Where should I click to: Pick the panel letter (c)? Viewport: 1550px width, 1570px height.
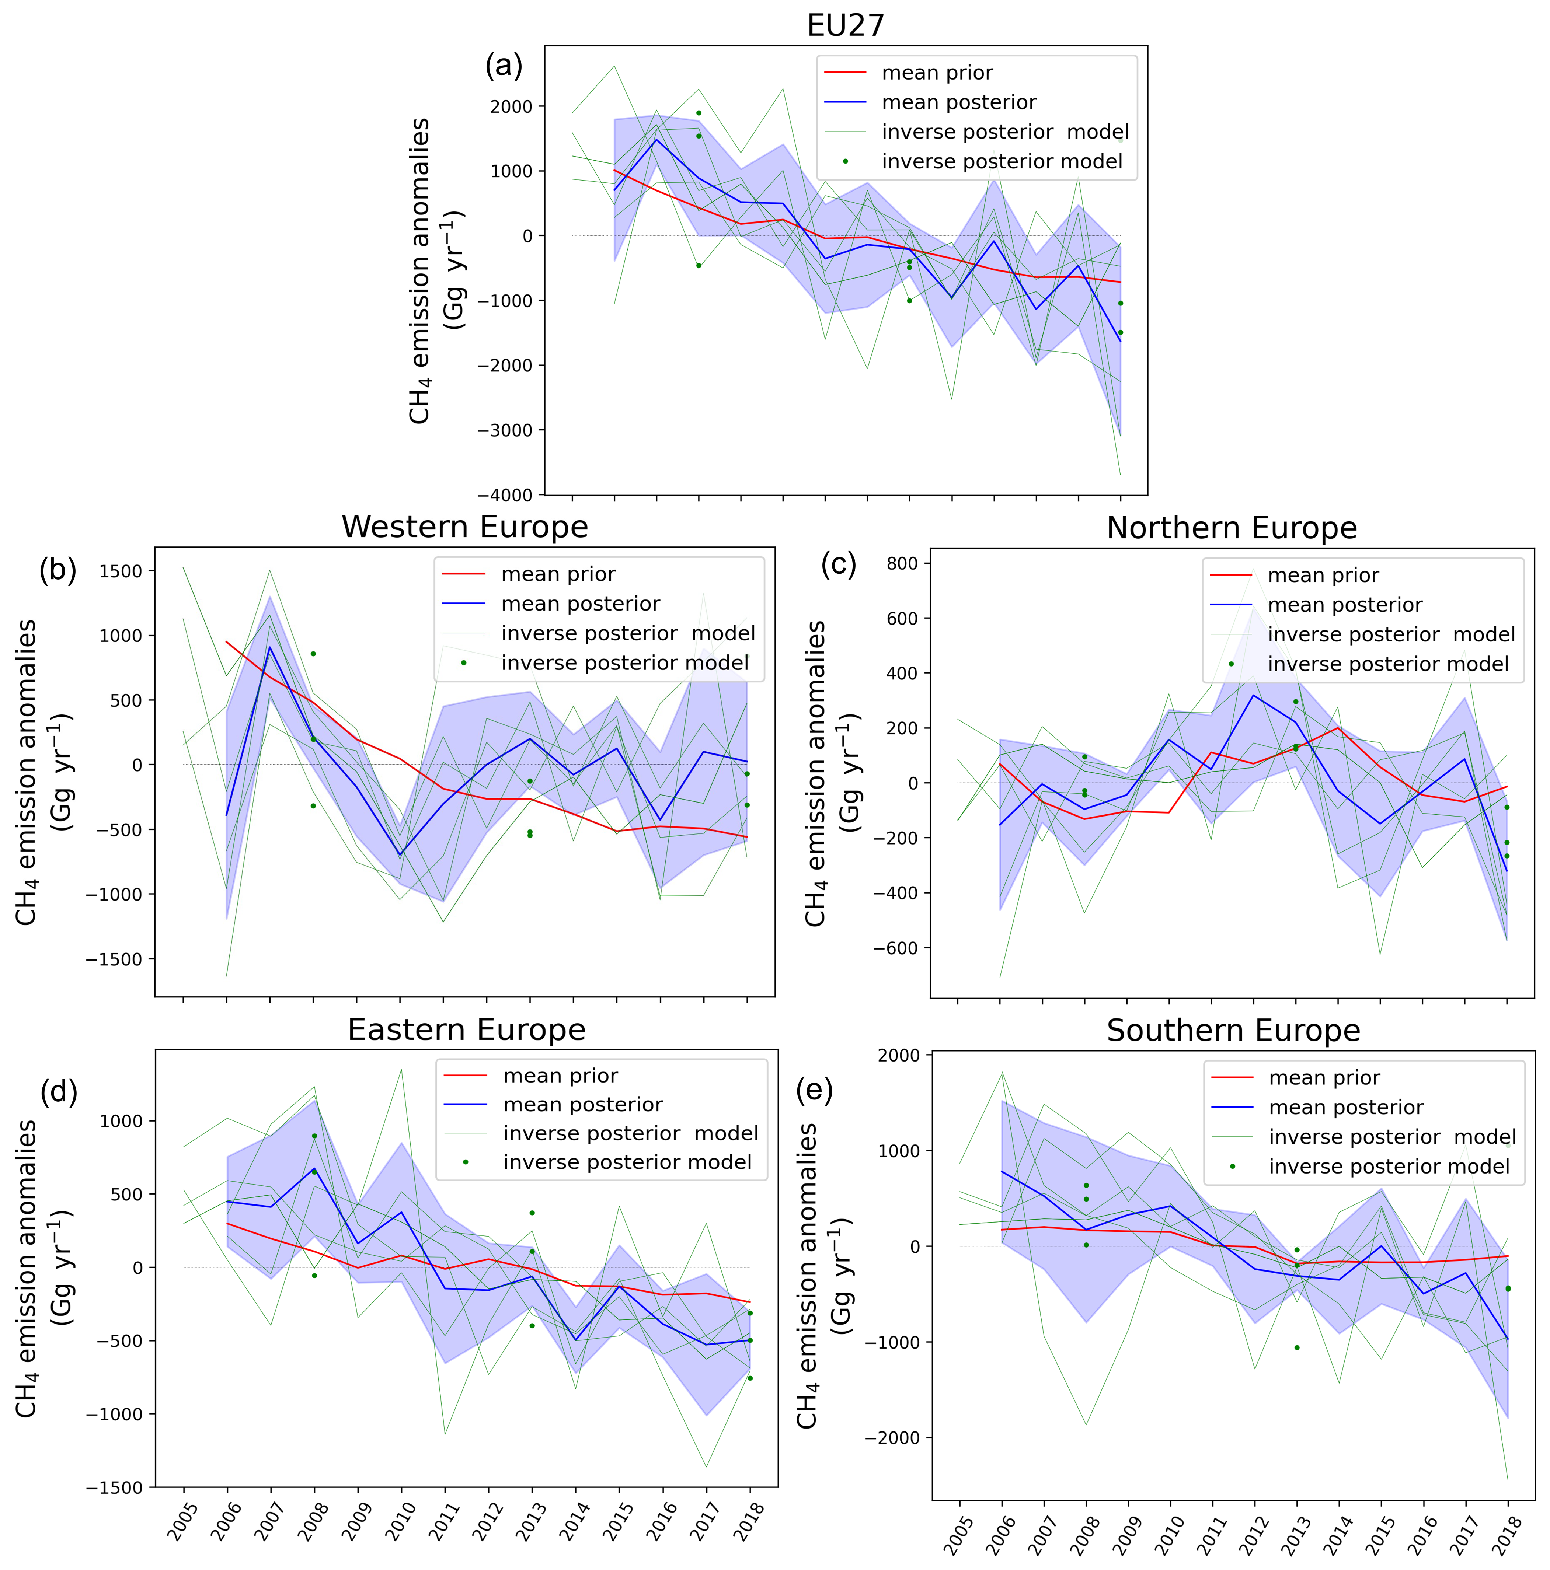pos(838,564)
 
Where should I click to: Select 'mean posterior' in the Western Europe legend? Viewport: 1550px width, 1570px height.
pos(580,604)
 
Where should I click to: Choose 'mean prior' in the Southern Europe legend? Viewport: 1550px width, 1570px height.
pos(1324,1077)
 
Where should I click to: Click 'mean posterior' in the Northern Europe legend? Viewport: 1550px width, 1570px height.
pos(1344,605)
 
